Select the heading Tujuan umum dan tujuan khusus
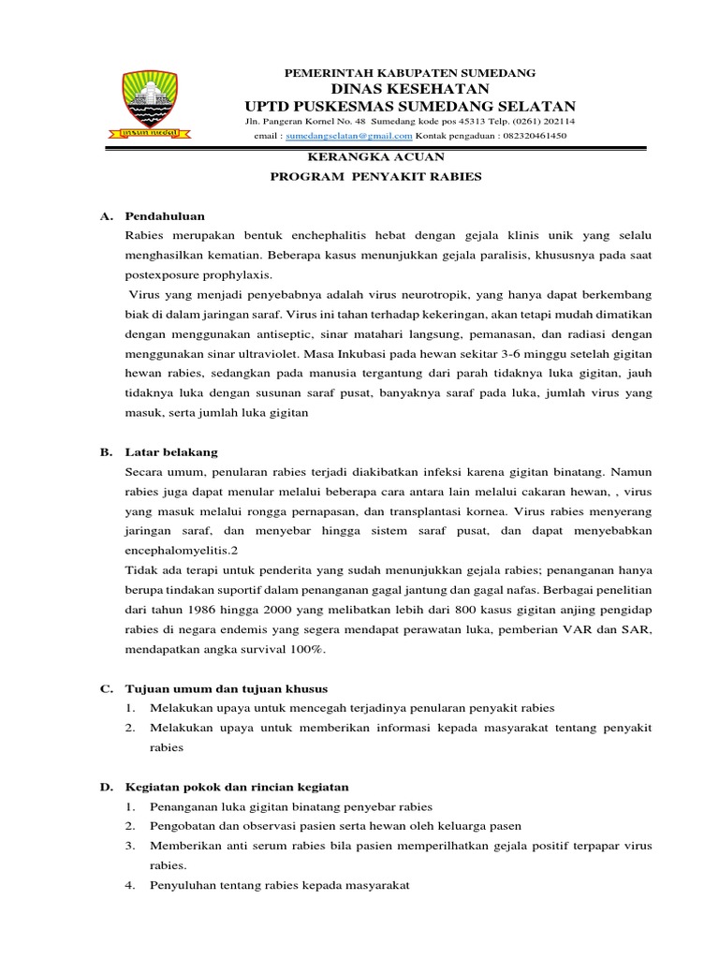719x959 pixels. point(226,688)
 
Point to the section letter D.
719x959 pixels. point(106,787)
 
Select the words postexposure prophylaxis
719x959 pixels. point(199,275)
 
